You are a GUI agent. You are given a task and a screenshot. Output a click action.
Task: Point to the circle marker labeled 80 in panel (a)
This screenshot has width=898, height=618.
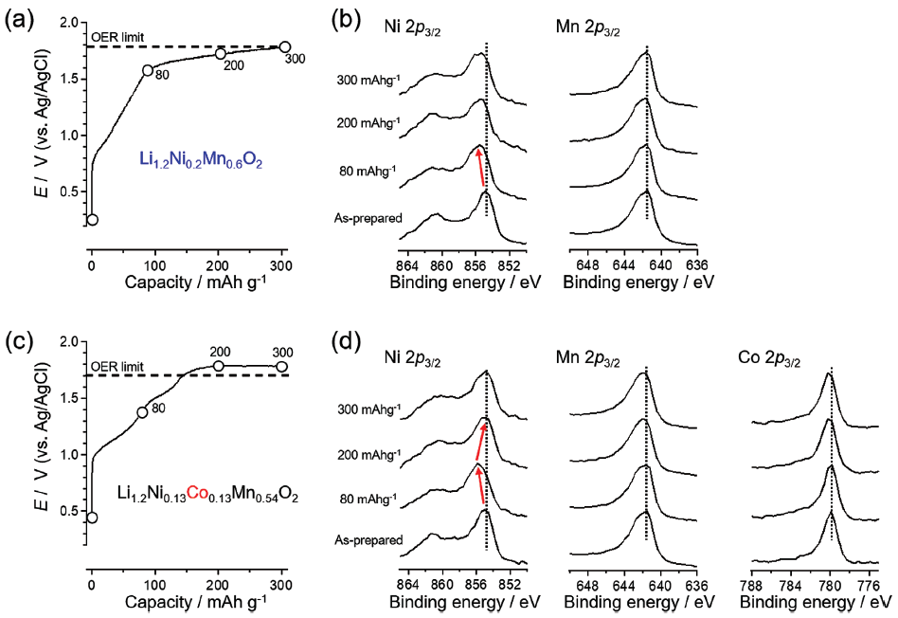pyautogui.click(x=148, y=70)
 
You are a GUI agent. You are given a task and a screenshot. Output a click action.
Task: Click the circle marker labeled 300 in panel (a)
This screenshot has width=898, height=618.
pyautogui.click(x=285, y=46)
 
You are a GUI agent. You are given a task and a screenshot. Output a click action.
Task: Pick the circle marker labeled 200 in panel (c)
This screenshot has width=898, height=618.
pyautogui.click(x=219, y=366)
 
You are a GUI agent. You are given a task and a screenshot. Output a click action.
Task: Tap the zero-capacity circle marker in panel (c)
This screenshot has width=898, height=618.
pyautogui.click(x=92, y=518)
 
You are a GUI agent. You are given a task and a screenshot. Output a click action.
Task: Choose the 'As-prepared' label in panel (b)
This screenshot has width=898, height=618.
pyautogui.click(x=368, y=218)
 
